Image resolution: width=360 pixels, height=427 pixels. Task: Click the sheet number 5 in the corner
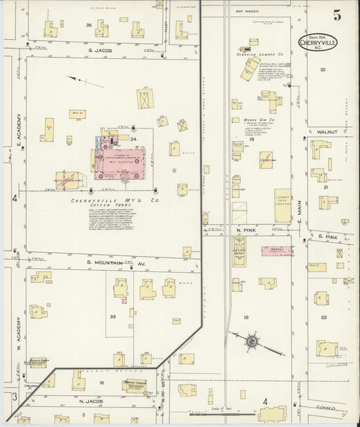(x=336, y=14)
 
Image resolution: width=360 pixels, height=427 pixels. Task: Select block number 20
(x=323, y=70)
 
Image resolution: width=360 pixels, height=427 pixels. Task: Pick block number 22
(x=324, y=317)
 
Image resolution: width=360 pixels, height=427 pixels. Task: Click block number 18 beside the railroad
(x=247, y=316)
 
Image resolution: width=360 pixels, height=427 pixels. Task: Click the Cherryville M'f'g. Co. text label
(x=103, y=201)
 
